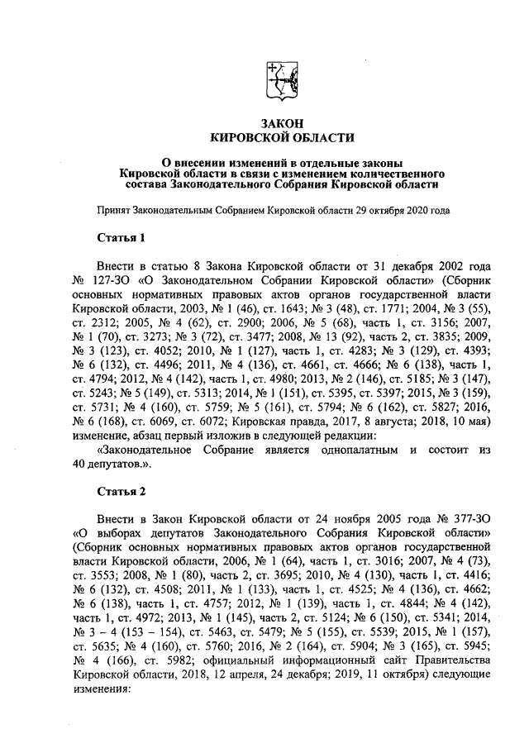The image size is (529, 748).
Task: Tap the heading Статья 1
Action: [121, 238]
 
